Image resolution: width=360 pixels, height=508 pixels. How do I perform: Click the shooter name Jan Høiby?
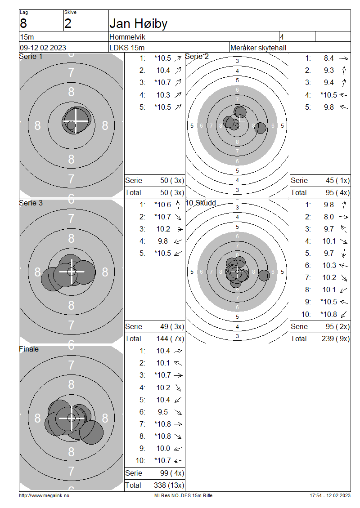[139, 24]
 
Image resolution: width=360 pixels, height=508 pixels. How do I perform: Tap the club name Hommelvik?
[127, 37]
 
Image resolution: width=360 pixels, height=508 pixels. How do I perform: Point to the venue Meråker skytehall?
[258, 48]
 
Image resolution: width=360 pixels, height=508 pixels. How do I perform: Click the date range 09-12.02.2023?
[43, 48]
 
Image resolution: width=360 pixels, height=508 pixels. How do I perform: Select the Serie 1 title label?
[31, 56]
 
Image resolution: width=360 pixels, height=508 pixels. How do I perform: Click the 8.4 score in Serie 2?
[328, 58]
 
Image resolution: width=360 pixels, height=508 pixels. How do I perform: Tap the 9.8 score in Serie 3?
[163, 241]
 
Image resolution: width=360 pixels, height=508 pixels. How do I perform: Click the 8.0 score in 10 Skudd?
[328, 217]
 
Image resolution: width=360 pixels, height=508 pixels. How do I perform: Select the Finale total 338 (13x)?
[169, 486]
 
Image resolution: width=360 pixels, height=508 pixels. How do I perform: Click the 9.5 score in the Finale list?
[163, 412]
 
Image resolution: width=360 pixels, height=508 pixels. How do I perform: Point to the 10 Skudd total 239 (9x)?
[336, 339]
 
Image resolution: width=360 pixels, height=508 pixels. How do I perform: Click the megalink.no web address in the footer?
[44, 496]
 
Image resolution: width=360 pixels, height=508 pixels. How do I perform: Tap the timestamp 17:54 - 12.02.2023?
[330, 496]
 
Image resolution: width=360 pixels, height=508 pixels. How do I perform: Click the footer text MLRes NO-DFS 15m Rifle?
[183, 496]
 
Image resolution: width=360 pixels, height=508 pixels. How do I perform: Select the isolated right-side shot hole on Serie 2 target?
[260, 128]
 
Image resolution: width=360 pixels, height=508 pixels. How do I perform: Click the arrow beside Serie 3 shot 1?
[178, 205]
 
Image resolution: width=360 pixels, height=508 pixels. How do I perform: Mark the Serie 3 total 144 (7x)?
[169, 339]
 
